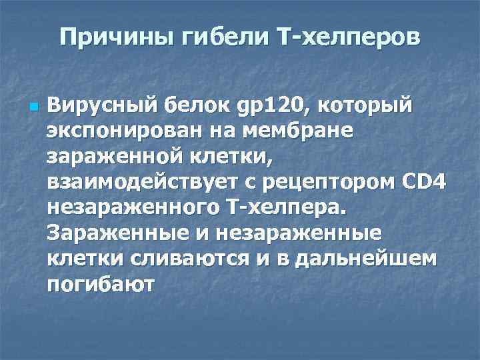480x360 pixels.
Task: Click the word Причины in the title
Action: [113, 37]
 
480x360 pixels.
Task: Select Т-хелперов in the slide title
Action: [347, 37]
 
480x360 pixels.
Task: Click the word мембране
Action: [303, 132]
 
